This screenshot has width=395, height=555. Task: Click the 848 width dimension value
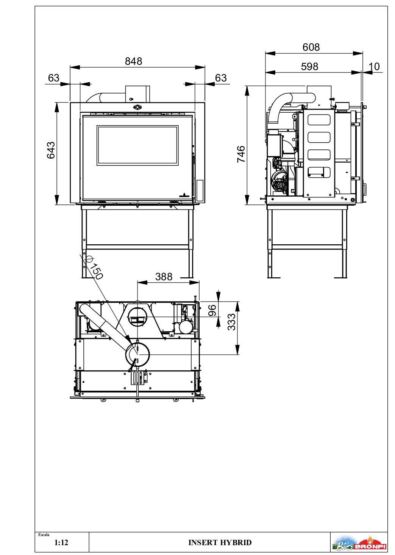coord(134,61)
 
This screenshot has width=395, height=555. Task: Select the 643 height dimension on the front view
coord(51,150)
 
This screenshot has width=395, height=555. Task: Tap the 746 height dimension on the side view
coord(241,154)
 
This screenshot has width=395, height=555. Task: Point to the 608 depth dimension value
coord(311,47)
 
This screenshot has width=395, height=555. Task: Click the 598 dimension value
coord(309,67)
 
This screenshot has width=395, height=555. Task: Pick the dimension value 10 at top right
coord(374,67)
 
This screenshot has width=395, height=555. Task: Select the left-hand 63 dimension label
coord(54,78)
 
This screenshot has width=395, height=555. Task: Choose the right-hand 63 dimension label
coord(221,78)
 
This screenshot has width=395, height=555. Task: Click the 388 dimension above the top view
coord(164,277)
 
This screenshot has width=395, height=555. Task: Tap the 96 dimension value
coord(213,310)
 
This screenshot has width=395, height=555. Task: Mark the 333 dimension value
coord(232,322)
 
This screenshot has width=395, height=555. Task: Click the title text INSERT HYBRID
coord(220,542)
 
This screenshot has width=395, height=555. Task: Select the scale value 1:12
coord(61,542)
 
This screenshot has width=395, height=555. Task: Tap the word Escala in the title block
coord(44,535)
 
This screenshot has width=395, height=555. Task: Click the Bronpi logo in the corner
coord(359,543)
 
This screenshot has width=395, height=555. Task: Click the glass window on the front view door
coord(137,145)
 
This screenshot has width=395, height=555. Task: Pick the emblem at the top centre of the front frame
coord(137,107)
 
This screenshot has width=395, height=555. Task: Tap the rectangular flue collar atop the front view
coord(137,94)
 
